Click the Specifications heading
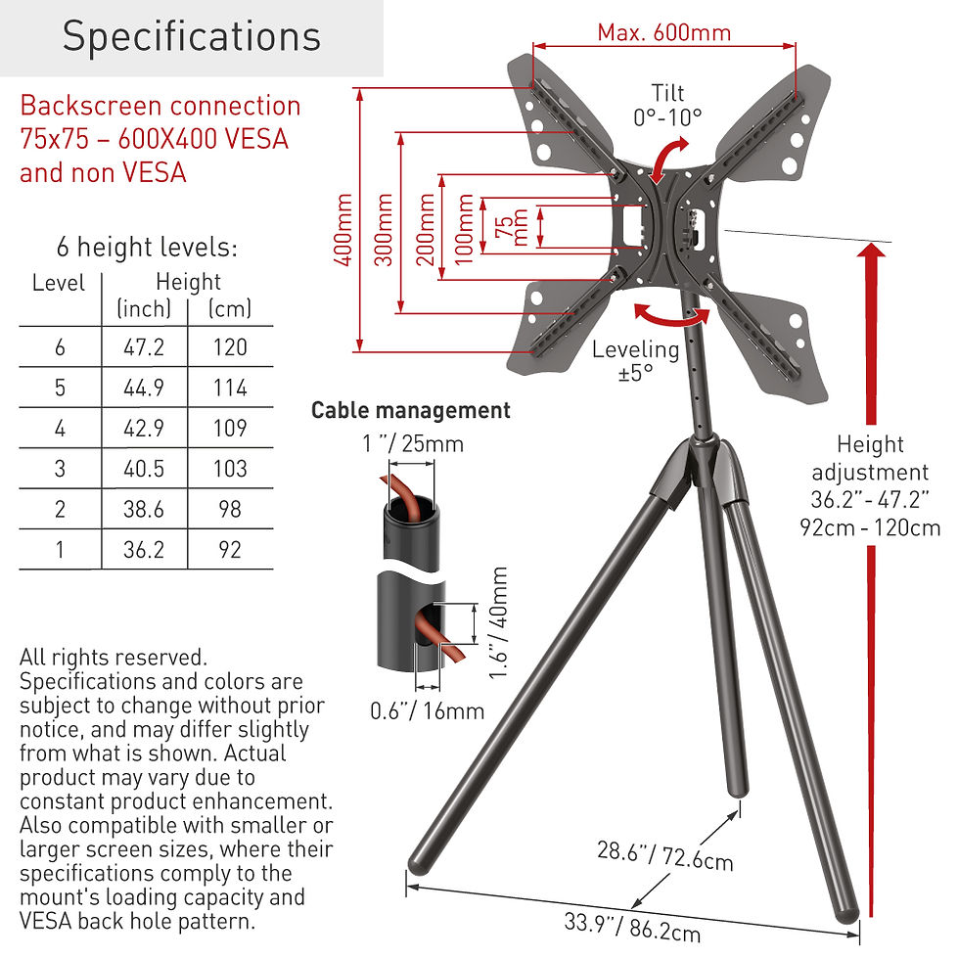pyautogui.click(x=192, y=36)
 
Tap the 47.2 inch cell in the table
pyautogui.click(x=144, y=347)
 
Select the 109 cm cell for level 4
pyautogui.click(x=230, y=429)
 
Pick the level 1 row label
pyautogui.click(x=60, y=550)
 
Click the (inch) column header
pyautogui.click(x=144, y=309)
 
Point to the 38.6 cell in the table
pyautogui.click(x=144, y=509)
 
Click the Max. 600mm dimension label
pyautogui.click(x=664, y=32)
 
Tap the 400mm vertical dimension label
pyautogui.click(x=343, y=229)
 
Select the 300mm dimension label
pyautogui.click(x=384, y=229)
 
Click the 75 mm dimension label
pyautogui.click(x=511, y=227)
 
